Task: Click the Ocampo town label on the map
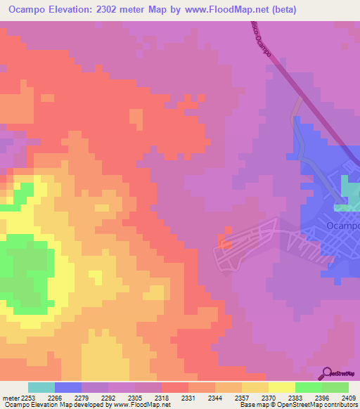click(x=342, y=226)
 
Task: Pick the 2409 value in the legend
click(x=349, y=396)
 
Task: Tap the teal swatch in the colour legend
click(x=41, y=387)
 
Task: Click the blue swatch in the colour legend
click(x=68, y=387)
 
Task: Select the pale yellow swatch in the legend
click(x=281, y=387)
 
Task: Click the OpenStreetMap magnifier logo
click(x=327, y=373)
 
